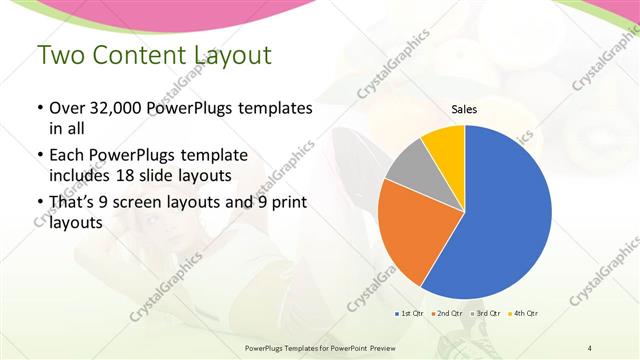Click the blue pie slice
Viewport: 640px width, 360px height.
(505, 215)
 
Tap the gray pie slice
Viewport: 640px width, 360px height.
(409, 165)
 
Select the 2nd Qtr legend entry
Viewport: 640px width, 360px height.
(446, 314)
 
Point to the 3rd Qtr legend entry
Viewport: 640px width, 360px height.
(485, 314)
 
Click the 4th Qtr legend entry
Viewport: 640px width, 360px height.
(523, 314)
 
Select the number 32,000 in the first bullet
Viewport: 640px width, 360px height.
(118, 108)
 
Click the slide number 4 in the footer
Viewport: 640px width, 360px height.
(590, 347)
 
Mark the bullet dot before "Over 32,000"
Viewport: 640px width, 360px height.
(39, 108)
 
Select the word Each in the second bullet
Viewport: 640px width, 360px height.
(68, 156)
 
